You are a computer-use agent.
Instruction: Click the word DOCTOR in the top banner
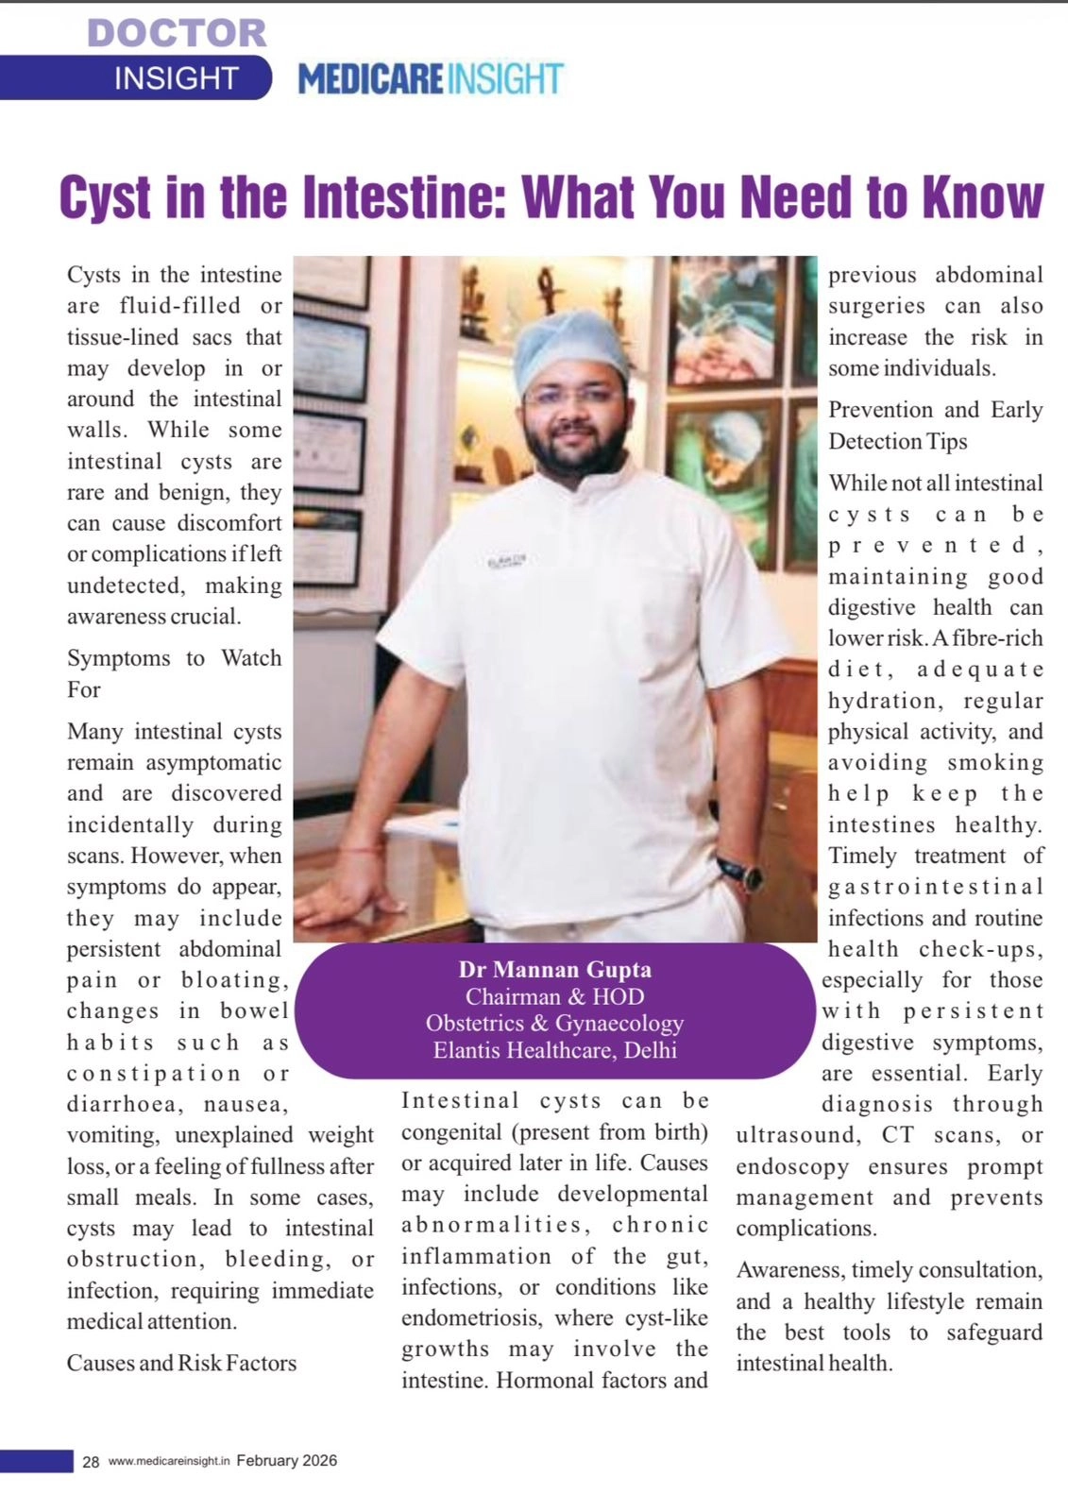coord(177,33)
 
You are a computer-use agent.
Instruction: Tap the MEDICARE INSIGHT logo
coord(431,79)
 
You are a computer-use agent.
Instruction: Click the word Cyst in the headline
coord(105,197)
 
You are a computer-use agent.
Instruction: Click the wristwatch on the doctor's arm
coord(741,873)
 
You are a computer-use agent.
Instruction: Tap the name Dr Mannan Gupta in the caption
coord(554,970)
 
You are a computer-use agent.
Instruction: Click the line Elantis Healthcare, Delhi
coord(554,1050)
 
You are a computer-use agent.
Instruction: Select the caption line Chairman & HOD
coord(554,996)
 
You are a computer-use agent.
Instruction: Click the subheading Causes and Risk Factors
coord(181,1363)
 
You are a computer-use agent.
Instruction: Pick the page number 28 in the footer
coord(91,1462)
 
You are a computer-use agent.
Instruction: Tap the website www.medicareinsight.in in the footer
coord(169,1462)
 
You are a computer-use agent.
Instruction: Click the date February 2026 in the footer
coord(286,1461)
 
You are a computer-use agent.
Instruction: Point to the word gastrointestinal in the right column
coord(935,887)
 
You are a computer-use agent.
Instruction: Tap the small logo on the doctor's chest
coord(507,561)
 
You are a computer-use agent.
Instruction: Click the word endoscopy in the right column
coord(792,1166)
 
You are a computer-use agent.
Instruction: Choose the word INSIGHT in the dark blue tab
coord(177,78)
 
